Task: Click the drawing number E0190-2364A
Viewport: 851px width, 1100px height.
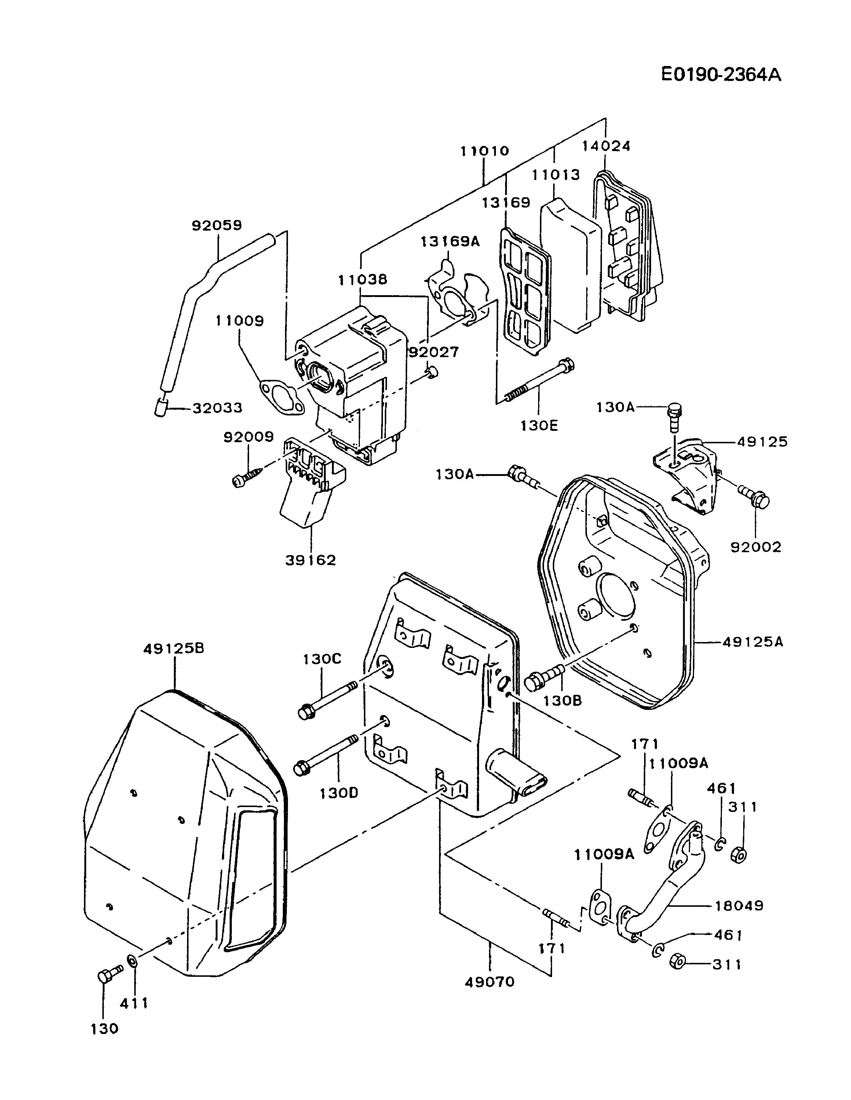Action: pyautogui.click(x=721, y=74)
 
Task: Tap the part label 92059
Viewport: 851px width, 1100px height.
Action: pyautogui.click(x=217, y=225)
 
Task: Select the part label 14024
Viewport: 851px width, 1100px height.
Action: pyautogui.click(x=606, y=146)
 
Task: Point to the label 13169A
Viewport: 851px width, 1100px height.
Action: pyautogui.click(x=450, y=241)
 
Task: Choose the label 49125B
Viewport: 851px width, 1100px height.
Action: pyautogui.click(x=174, y=648)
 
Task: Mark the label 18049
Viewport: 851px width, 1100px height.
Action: pyautogui.click(x=739, y=906)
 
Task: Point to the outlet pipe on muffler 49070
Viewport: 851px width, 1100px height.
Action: pyautogui.click(x=517, y=778)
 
